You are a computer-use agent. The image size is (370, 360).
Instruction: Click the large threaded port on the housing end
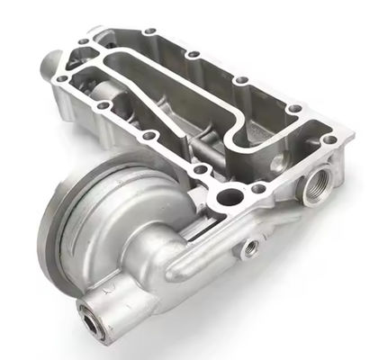tap(318, 189)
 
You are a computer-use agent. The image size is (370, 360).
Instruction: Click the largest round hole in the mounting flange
tap(230, 196)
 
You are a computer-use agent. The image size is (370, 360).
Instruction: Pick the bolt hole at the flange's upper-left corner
tap(84, 40)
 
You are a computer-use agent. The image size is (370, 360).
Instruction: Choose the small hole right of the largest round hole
tap(258, 188)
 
